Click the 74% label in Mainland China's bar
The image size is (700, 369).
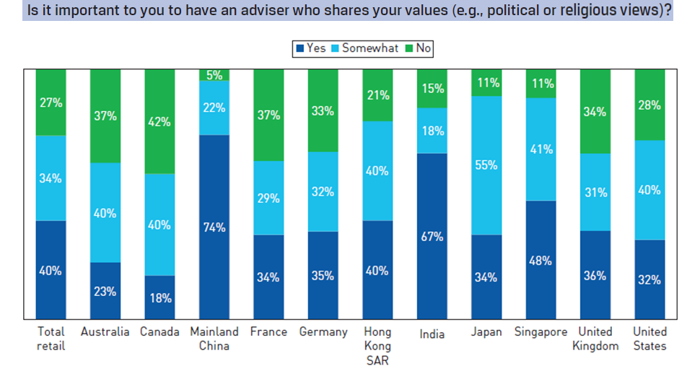(x=214, y=227)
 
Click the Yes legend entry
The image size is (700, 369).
(x=311, y=48)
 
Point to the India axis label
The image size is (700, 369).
(x=432, y=334)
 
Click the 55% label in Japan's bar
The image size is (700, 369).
(x=486, y=165)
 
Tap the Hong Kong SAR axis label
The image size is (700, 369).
(x=377, y=345)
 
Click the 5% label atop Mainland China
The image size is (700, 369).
(x=214, y=74)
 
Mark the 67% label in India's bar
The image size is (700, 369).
(x=432, y=237)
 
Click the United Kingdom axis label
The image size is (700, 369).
(x=596, y=339)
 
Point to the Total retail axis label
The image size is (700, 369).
(x=51, y=339)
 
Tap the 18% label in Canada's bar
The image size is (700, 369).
(x=159, y=297)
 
